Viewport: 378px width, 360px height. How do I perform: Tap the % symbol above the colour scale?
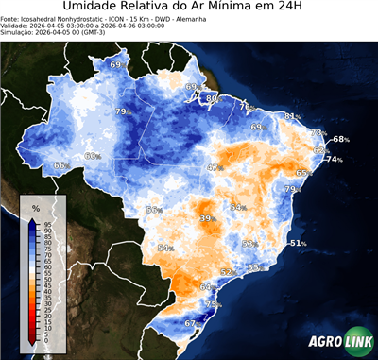click(35, 207)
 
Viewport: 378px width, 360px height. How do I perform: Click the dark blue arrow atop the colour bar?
click(33, 222)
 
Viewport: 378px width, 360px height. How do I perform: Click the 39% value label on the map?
click(207, 218)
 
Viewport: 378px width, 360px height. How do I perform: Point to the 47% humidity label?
click(215, 167)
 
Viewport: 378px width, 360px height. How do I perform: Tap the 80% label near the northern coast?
click(213, 98)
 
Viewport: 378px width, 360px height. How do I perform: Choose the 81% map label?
click(292, 116)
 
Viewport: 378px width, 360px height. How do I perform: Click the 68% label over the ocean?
click(340, 140)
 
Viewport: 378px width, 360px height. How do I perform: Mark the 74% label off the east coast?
click(334, 160)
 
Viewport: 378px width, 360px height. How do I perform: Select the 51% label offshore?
click(298, 243)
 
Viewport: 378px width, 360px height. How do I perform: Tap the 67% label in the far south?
click(192, 323)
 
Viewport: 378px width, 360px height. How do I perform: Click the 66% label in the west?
click(60, 165)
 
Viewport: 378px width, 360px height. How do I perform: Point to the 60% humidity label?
click(93, 156)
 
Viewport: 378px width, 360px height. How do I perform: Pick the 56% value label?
click(154, 210)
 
